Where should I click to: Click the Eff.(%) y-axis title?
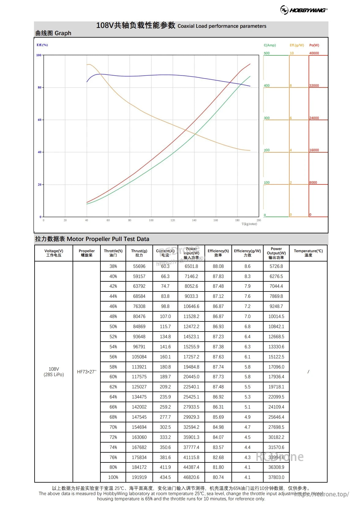(x=42, y=45)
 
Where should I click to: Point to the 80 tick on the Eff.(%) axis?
(x=39, y=87)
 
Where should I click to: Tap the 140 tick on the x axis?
(x=194, y=220)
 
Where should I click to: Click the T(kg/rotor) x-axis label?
(x=249, y=224)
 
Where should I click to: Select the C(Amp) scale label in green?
(x=270, y=45)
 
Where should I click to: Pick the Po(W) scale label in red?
(x=314, y=45)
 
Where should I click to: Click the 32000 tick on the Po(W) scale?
(x=314, y=86)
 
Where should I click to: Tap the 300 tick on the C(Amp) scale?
(x=267, y=118)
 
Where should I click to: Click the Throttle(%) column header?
(x=113, y=253)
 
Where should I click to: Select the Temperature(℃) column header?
(x=308, y=253)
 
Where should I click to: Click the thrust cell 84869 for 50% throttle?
(x=139, y=327)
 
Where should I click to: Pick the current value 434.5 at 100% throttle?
(x=165, y=477)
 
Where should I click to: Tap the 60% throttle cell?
(x=113, y=377)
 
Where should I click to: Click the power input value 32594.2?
(x=191, y=427)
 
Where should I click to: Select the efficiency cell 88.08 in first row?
(x=218, y=266)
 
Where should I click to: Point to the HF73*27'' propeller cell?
(x=87, y=372)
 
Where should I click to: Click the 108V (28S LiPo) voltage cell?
(x=54, y=372)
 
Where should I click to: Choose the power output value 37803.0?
(x=276, y=477)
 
